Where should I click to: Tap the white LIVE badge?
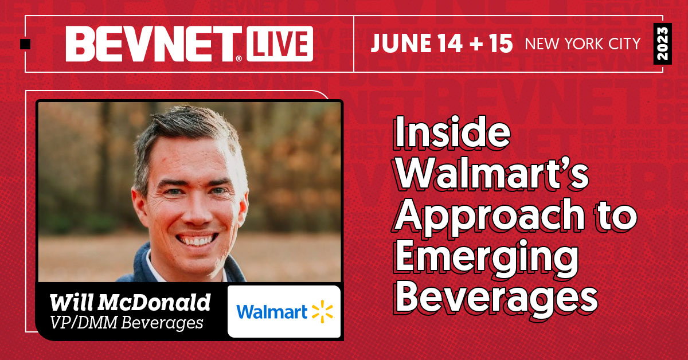[280, 44]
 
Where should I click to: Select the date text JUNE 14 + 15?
[441, 44]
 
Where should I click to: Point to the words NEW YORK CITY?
[583, 44]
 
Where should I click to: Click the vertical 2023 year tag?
[662, 44]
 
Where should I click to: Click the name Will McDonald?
[130, 302]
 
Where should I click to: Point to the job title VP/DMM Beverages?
[127, 322]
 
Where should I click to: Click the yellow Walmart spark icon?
[322, 312]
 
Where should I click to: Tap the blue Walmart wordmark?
[272, 312]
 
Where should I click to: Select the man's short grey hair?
[183, 129]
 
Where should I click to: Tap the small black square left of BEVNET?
[25, 44]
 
